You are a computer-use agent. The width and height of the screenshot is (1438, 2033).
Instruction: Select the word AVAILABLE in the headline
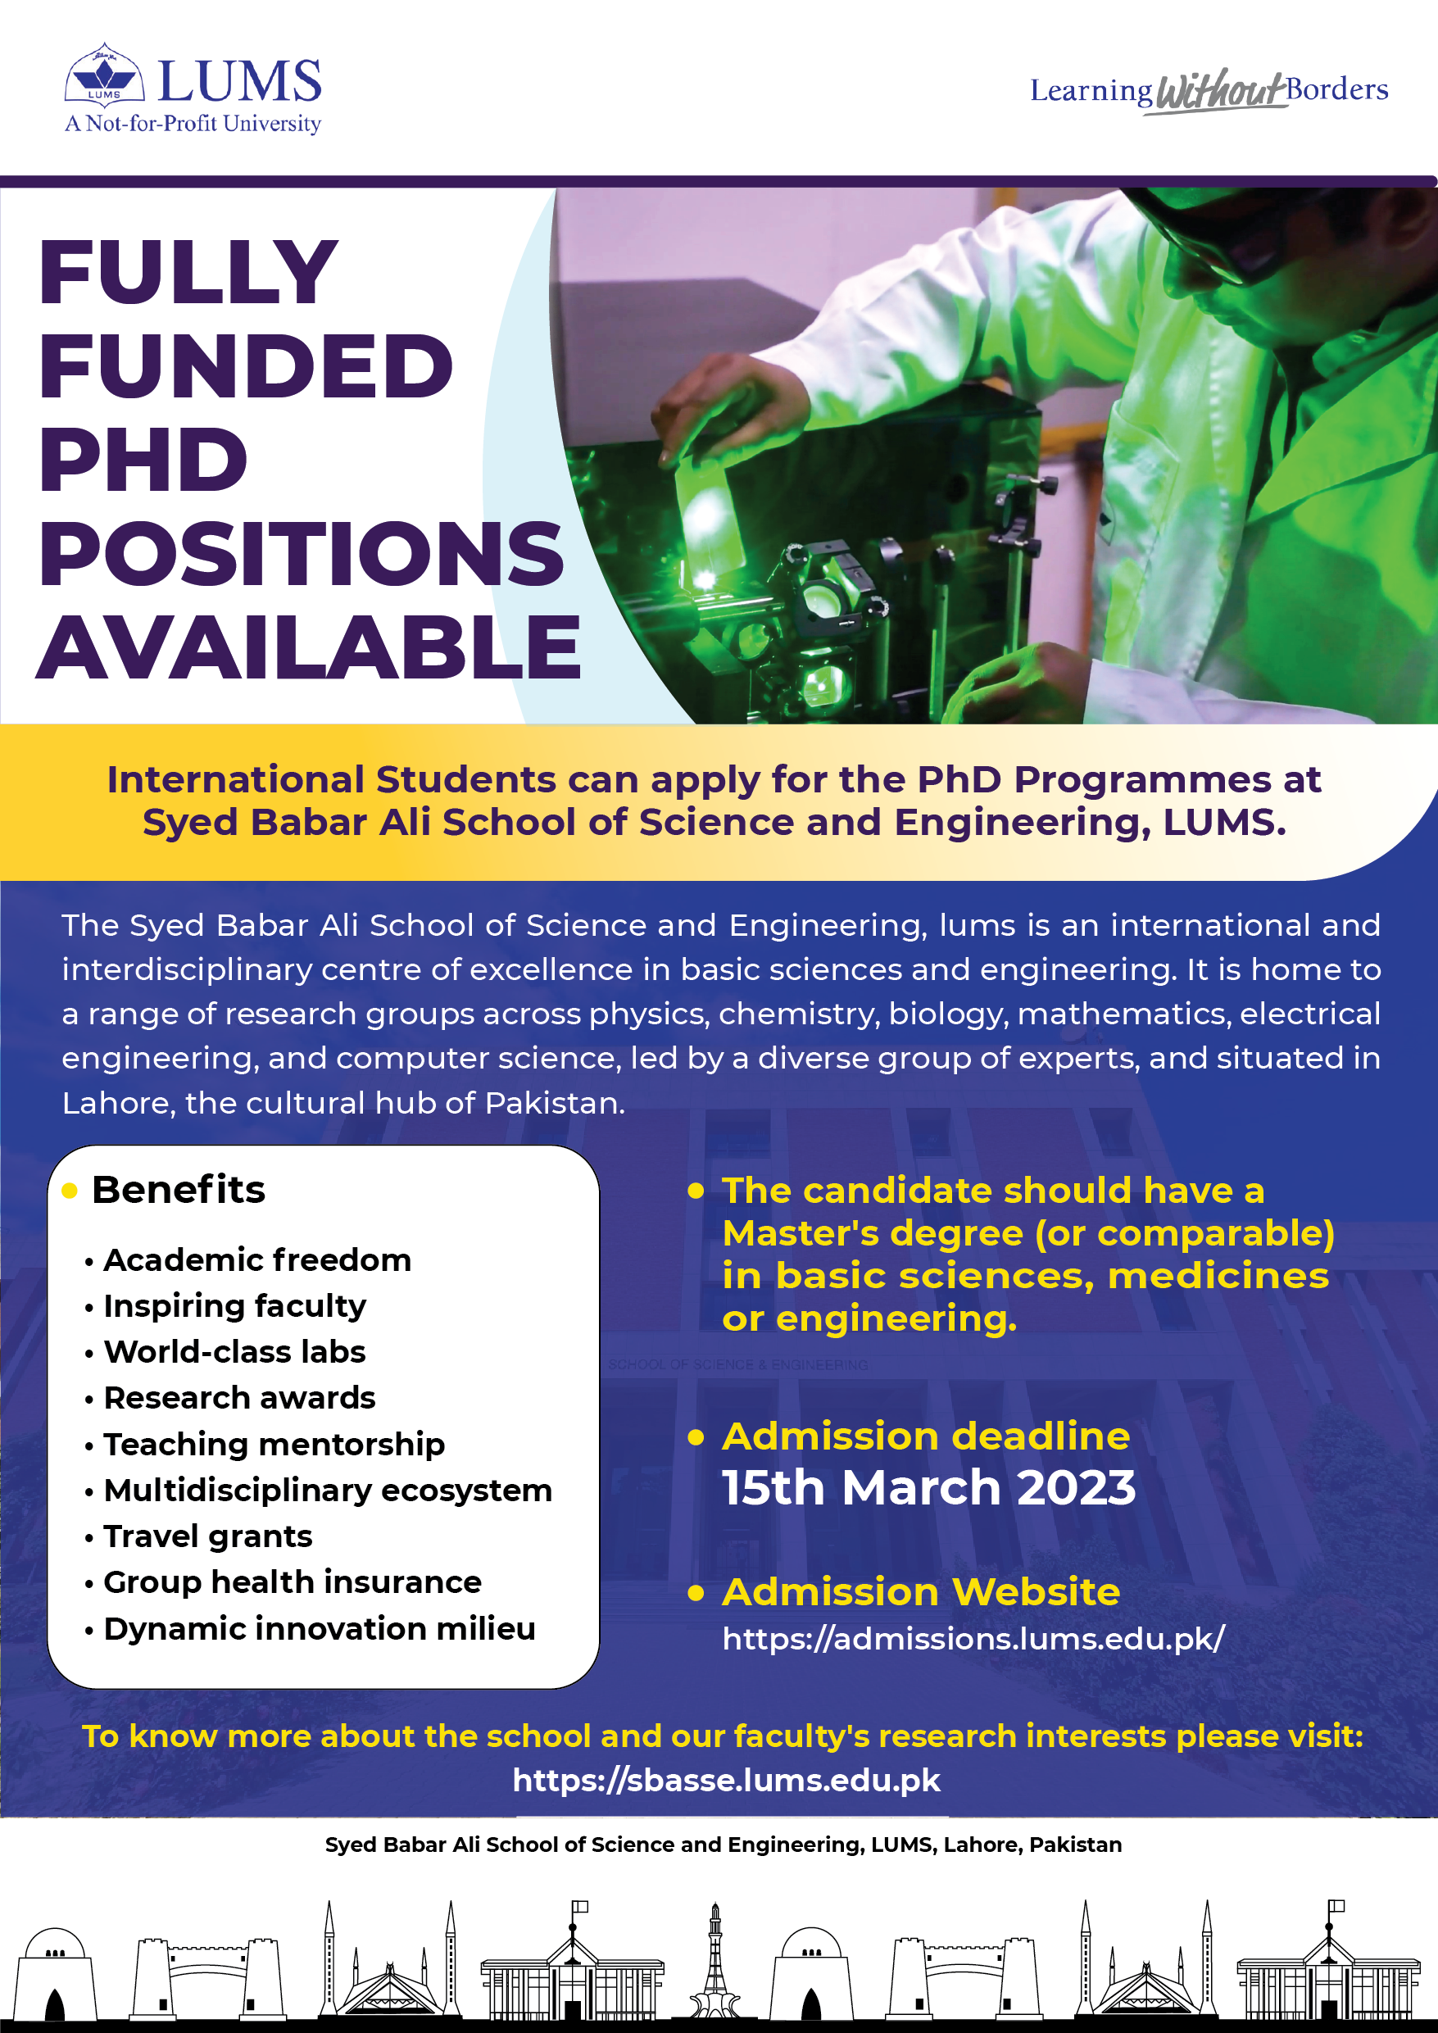click(x=308, y=647)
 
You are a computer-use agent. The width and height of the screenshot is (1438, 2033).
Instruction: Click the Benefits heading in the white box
click(x=178, y=1189)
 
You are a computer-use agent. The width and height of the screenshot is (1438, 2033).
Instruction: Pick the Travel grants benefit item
click(x=208, y=1536)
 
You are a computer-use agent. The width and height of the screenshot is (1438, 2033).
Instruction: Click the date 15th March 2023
click(x=929, y=1487)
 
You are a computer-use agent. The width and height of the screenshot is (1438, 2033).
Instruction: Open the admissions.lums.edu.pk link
click(x=973, y=1639)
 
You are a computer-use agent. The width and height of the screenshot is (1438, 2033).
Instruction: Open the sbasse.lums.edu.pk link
click(x=726, y=1780)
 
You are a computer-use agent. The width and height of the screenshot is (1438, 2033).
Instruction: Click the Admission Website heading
click(x=921, y=1592)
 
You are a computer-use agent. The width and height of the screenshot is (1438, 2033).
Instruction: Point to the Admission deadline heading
click(x=926, y=1436)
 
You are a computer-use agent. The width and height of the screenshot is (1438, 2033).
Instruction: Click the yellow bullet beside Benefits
click(x=70, y=1191)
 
